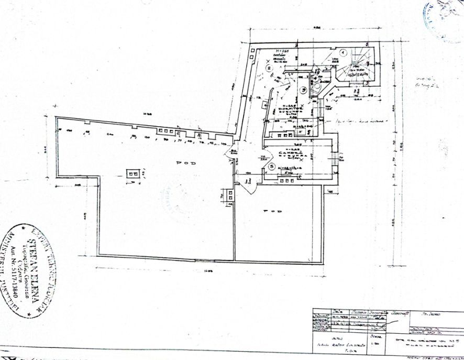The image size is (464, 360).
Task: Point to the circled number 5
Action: [272, 167]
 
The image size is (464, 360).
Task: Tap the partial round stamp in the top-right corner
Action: [444, 18]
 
